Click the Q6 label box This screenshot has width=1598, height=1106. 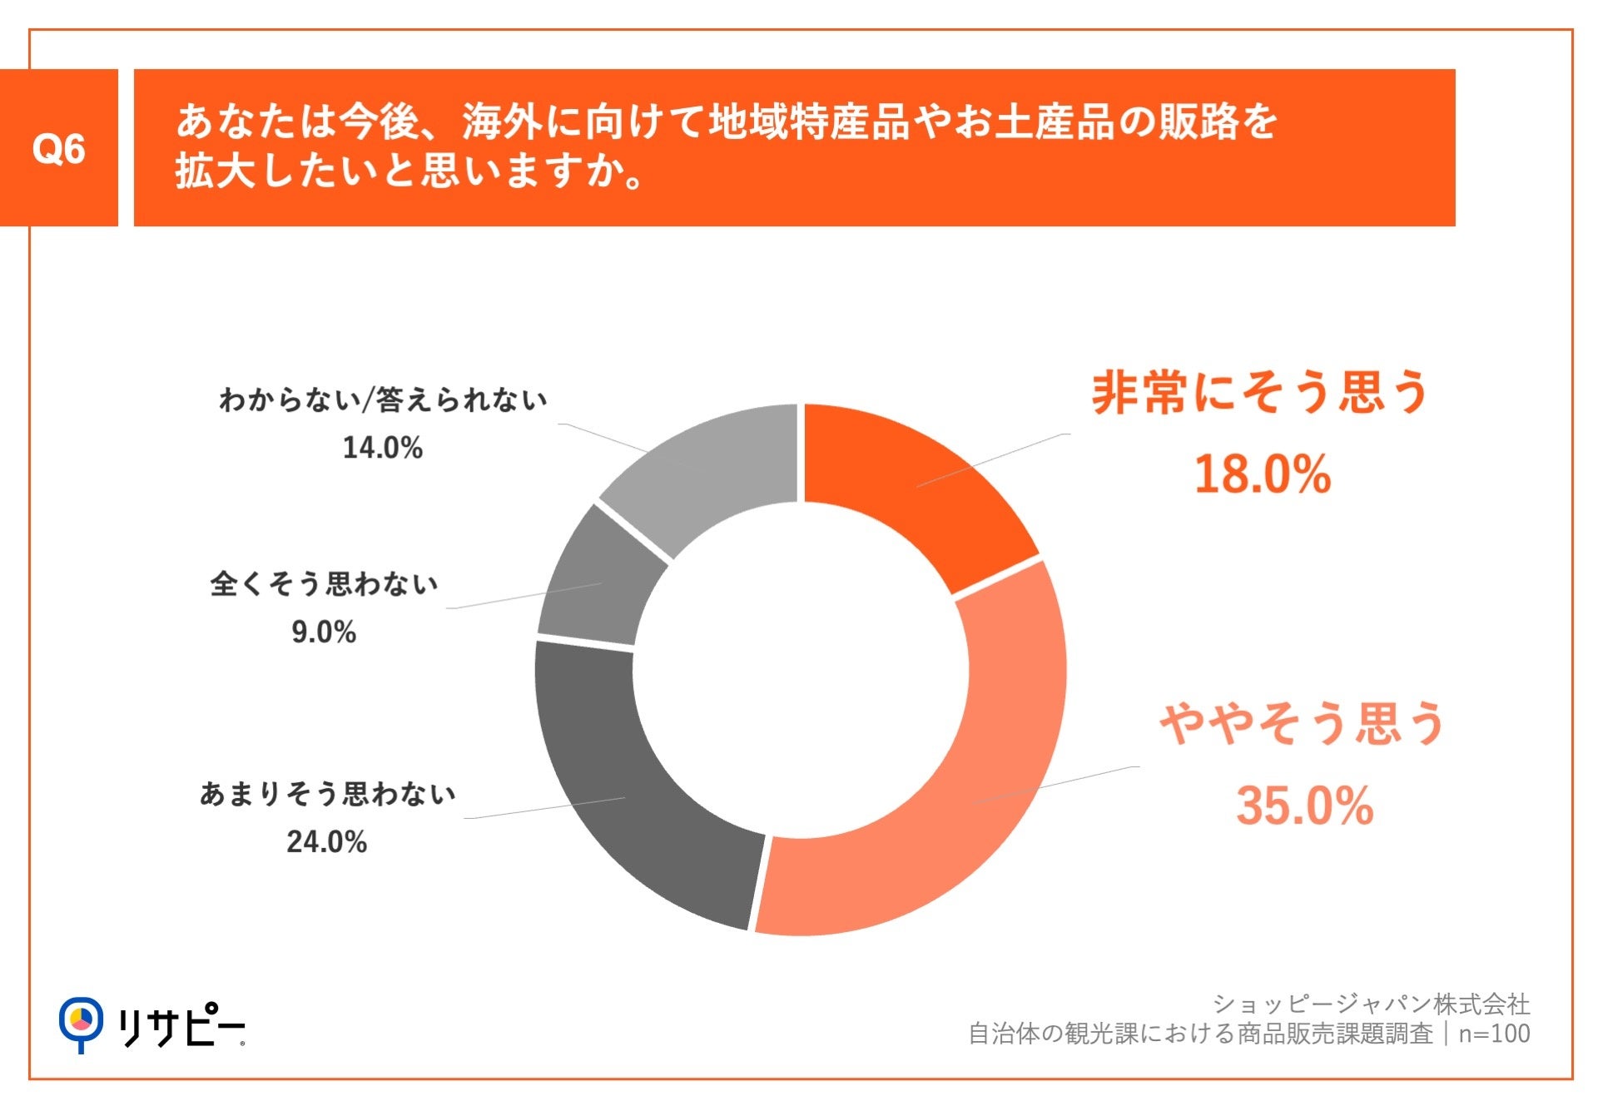(x=58, y=148)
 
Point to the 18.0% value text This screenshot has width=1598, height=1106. (x=1262, y=474)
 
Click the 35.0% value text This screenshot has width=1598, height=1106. (x=1303, y=806)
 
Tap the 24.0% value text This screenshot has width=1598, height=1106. (x=326, y=842)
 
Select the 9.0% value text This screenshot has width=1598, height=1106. (x=324, y=632)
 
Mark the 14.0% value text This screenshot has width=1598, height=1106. (x=383, y=448)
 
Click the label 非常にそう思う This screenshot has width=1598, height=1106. (x=1260, y=392)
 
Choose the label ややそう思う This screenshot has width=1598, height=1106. (x=1302, y=722)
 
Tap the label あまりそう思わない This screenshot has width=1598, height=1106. (x=327, y=793)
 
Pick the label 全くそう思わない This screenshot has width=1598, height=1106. (x=324, y=583)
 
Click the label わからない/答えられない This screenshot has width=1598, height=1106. (x=383, y=399)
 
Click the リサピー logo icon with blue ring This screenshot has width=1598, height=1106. (x=81, y=1022)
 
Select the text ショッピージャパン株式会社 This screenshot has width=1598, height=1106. (x=1371, y=1004)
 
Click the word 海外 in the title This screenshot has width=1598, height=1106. (x=503, y=122)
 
